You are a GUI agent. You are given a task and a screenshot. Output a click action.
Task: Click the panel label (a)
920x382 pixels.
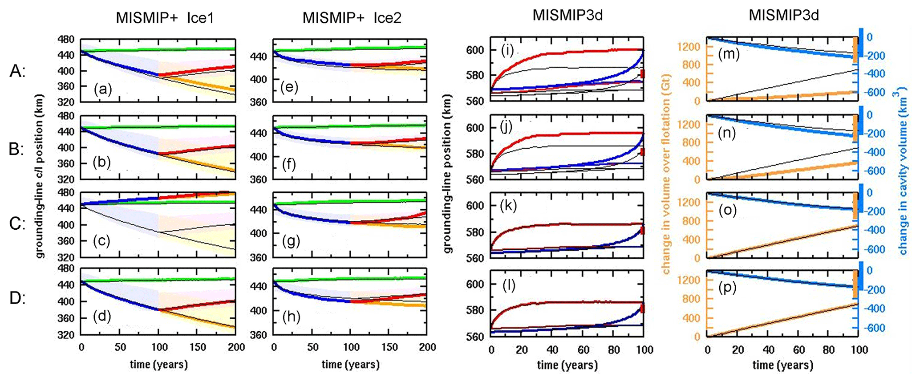tap(103, 90)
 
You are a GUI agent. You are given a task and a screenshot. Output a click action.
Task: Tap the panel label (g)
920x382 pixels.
tap(291, 241)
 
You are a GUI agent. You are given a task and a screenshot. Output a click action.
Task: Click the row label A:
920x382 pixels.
tap(17, 71)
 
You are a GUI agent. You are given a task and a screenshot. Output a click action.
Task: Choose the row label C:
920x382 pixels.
tap(17, 224)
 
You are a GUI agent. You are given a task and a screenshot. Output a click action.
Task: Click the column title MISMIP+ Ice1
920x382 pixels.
tap(165, 18)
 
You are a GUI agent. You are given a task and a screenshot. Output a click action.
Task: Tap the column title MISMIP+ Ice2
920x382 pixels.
tap(352, 18)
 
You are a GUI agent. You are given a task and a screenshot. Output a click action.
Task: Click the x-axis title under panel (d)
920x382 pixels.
tap(159, 365)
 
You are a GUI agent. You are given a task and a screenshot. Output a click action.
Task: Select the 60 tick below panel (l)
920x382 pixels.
tap(583, 350)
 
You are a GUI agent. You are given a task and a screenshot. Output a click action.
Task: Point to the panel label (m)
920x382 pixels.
tap(729, 54)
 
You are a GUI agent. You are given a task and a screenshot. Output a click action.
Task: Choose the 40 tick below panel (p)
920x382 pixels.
tap(768, 350)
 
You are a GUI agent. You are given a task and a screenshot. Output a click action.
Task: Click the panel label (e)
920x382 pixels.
tap(290, 87)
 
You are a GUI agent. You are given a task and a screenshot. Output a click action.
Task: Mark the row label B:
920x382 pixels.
tap(17, 149)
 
